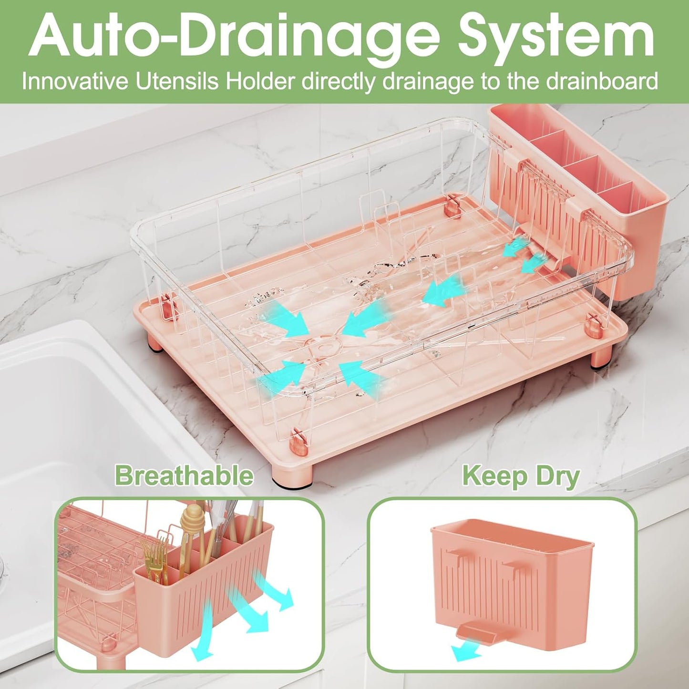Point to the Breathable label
coord(184,476)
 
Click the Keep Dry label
coord(521,476)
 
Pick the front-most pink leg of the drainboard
coord(292,475)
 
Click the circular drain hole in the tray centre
coord(324,343)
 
